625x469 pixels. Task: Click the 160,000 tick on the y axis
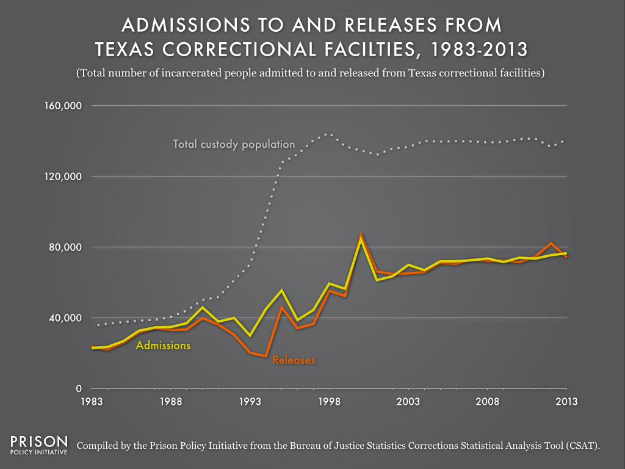pos(63,106)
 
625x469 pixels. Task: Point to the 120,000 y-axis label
pos(63,176)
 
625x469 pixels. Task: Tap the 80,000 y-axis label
pos(67,247)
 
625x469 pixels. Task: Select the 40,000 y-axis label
pos(67,318)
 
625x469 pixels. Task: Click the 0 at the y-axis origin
pos(79,389)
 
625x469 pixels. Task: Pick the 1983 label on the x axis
pos(92,402)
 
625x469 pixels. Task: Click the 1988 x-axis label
pos(171,402)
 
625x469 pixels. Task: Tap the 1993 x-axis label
pos(250,402)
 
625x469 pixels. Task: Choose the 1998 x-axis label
pos(329,402)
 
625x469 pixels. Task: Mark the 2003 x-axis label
pos(408,402)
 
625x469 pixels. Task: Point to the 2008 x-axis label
pos(488,402)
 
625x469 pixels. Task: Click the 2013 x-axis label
pos(566,402)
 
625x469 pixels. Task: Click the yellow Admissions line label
pos(163,346)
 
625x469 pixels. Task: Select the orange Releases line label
pos(294,360)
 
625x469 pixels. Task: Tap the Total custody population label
pos(234,145)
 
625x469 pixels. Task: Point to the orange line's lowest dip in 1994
pos(266,356)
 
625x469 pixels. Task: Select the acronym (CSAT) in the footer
pos(582,446)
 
